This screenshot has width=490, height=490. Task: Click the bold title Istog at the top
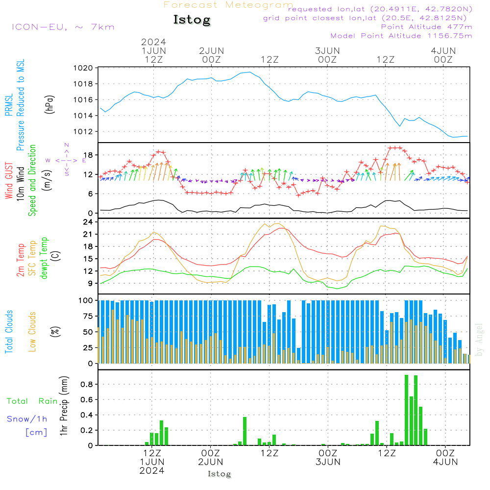(x=192, y=20)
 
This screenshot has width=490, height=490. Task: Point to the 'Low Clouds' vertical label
(x=33, y=331)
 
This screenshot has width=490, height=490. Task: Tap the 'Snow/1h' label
(x=27, y=419)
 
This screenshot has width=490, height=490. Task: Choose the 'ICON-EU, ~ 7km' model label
(x=63, y=27)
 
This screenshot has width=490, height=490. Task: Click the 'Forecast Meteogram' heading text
(x=228, y=5)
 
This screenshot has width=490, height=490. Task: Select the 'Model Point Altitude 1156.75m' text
(x=401, y=36)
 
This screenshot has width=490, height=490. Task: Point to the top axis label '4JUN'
(x=443, y=50)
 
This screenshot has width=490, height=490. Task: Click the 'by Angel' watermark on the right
(x=479, y=340)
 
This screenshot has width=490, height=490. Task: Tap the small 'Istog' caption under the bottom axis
(x=219, y=474)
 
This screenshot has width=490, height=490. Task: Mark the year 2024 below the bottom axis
(x=151, y=470)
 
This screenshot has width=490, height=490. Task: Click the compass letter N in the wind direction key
(x=67, y=145)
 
